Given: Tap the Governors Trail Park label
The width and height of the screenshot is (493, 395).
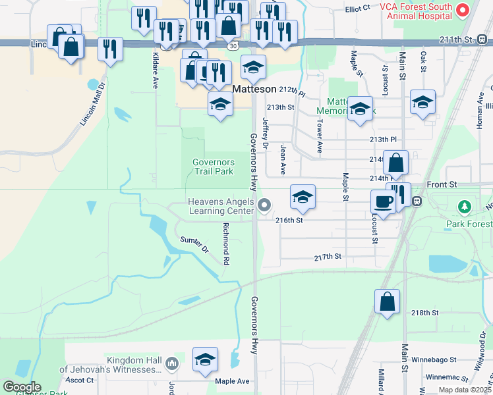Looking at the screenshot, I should [213, 167].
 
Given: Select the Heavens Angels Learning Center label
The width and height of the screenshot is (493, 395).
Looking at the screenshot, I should [221, 206].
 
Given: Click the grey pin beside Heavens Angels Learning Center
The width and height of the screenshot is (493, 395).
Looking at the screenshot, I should [264, 206].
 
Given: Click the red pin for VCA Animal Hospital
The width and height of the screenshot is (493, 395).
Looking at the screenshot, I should [463, 10].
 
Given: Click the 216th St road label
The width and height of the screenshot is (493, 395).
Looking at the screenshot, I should [289, 221].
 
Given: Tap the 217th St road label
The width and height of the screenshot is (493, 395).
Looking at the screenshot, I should [328, 256].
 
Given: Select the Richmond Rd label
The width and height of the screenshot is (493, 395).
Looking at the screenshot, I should [225, 244].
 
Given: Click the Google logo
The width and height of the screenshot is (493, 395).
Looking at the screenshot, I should [22, 386].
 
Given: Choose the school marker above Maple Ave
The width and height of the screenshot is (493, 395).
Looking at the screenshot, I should [205, 359].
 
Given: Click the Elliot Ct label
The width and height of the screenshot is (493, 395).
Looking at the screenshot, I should [358, 10].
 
